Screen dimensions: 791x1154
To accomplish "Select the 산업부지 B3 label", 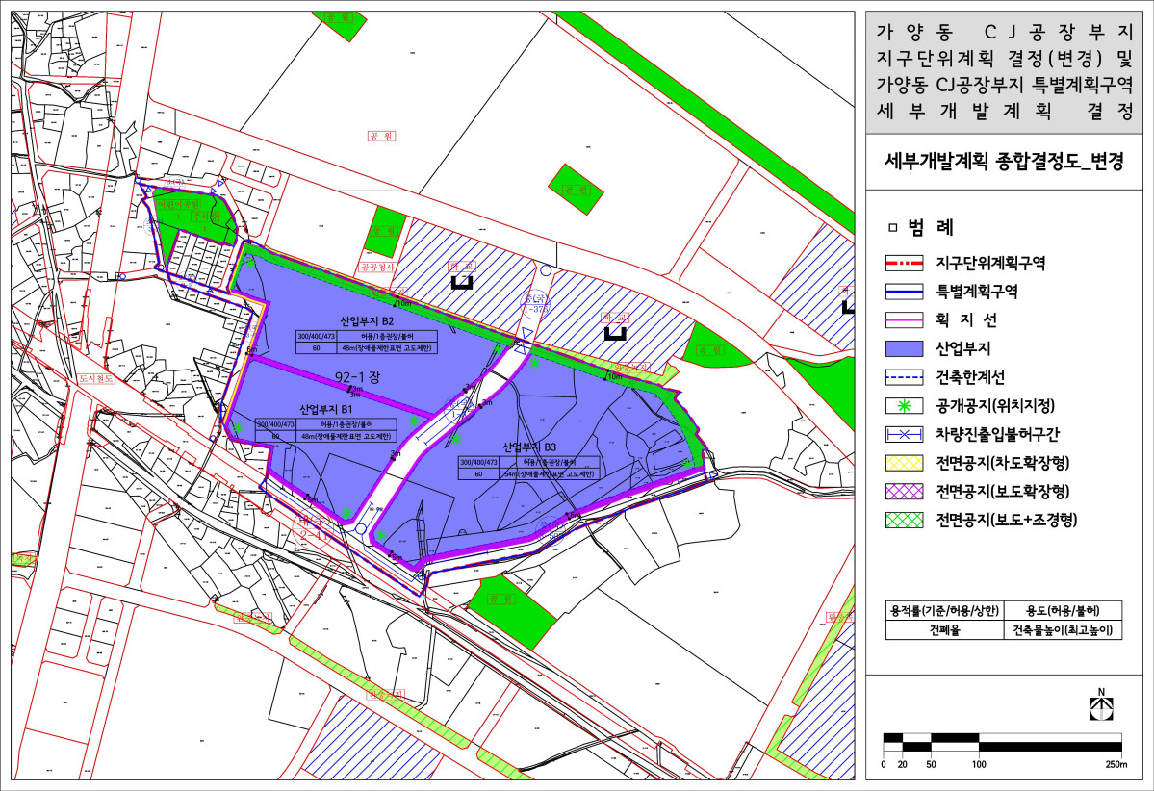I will (529, 447).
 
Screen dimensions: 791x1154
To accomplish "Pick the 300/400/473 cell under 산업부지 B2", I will (319, 335).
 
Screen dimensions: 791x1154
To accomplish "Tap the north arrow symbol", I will (1099, 705).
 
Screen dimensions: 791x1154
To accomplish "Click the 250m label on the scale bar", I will (1116, 765).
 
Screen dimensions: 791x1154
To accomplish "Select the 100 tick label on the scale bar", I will (979, 765).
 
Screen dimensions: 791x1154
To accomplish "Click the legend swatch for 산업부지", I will (906, 347).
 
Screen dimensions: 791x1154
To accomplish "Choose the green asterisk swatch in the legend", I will (906, 405).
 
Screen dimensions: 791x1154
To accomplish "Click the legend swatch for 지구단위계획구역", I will (906, 261).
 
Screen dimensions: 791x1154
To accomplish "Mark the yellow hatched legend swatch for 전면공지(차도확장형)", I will (906, 462).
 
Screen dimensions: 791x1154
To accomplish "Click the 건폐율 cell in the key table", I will (944, 631).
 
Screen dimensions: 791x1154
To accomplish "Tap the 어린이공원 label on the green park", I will (182, 204).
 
